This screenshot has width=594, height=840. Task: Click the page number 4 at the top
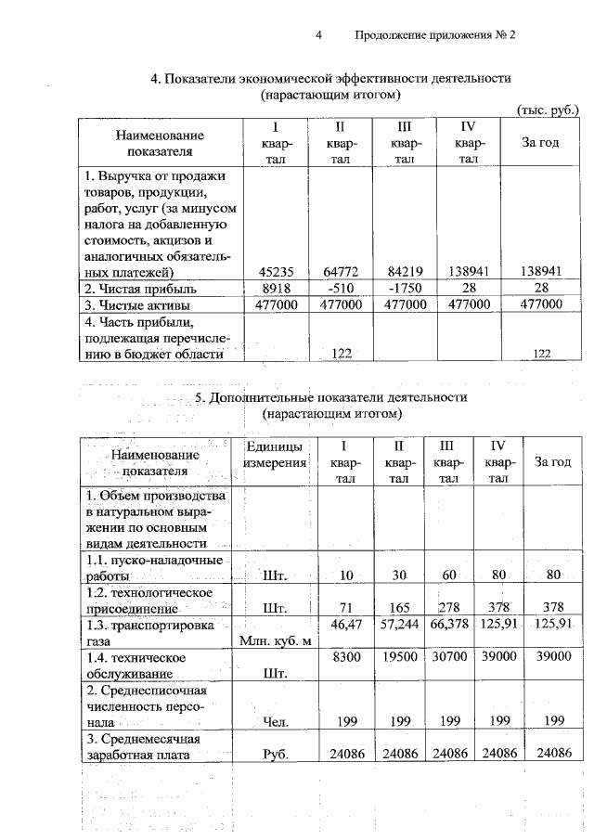tap(318, 35)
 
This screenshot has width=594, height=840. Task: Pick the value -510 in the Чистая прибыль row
tap(340, 288)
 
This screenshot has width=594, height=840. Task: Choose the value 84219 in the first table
tap(404, 272)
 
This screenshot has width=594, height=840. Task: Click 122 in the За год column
tap(542, 354)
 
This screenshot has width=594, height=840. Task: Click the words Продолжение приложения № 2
tap(433, 35)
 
